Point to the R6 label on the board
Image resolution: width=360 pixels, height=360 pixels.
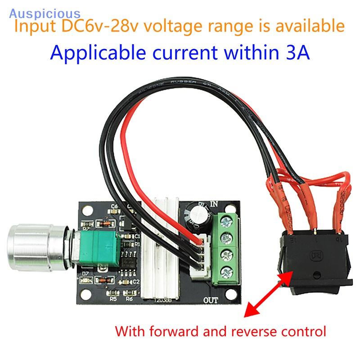[129, 297]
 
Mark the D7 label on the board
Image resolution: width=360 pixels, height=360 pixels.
[86, 273]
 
